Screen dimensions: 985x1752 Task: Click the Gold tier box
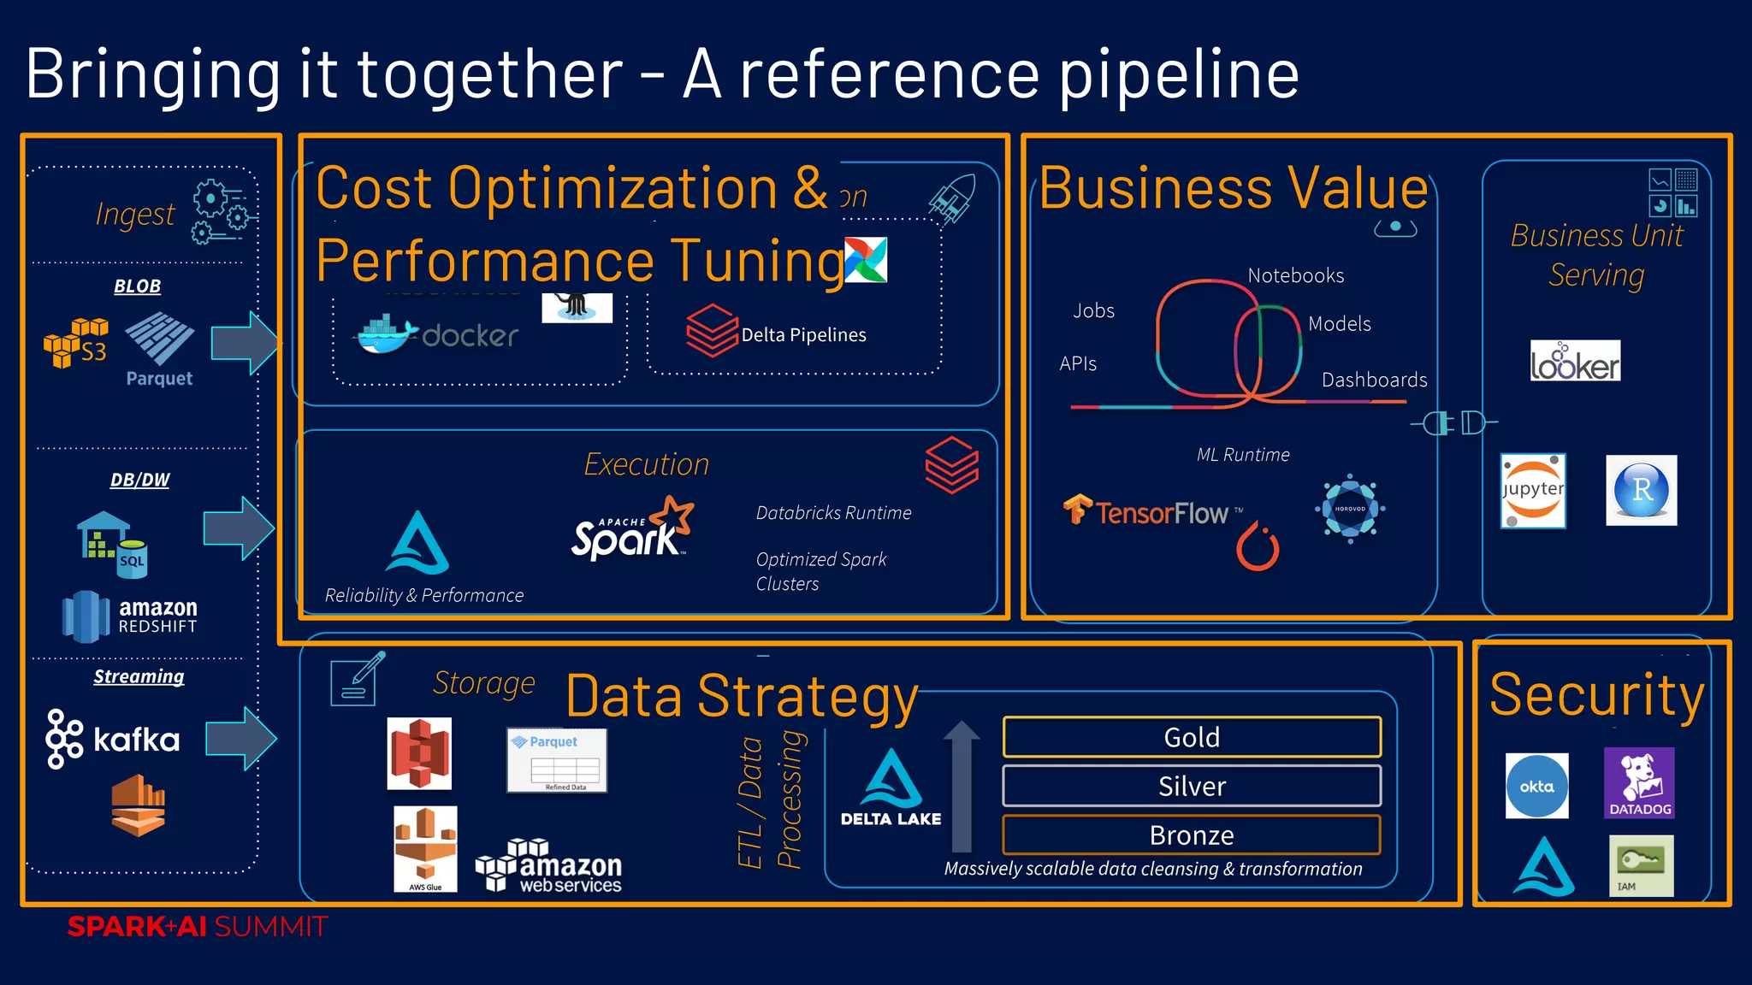1192,737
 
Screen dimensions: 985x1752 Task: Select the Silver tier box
1192,786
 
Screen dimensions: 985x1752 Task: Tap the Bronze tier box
1192,835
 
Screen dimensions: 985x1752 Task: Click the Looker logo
1575,362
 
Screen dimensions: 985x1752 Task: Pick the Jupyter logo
1533,491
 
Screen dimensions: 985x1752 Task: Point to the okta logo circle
1537,786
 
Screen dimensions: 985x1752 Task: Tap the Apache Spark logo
632,530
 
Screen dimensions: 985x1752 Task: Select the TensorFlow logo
1151,511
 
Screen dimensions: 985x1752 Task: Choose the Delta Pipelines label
803,335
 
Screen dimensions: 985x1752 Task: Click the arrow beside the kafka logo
241,738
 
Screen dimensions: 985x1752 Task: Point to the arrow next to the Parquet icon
245,343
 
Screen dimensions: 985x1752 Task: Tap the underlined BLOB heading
138,286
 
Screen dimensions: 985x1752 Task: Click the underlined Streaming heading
139,676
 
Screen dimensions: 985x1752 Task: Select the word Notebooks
1295,275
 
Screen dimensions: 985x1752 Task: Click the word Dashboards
1374,380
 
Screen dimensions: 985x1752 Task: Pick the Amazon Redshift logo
130,616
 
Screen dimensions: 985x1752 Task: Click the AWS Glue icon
425,848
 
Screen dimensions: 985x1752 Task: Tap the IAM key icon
1641,865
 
